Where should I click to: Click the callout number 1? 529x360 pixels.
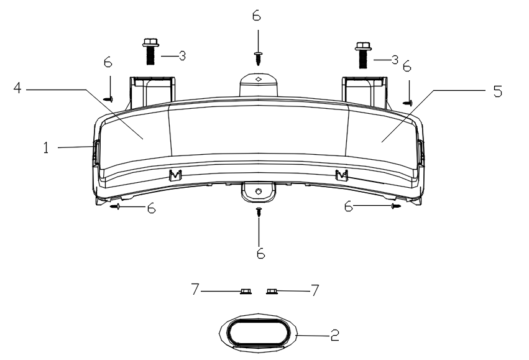coord(46,148)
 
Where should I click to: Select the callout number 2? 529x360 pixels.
coord(334,335)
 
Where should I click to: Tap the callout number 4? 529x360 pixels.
coord(17,88)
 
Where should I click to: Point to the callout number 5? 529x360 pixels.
coord(498,91)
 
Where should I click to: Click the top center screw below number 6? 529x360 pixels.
coord(259,58)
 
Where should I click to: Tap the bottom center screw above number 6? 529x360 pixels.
coord(259,212)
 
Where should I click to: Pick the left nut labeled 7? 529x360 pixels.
coord(246,291)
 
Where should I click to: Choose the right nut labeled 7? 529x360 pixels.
coord(272,291)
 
